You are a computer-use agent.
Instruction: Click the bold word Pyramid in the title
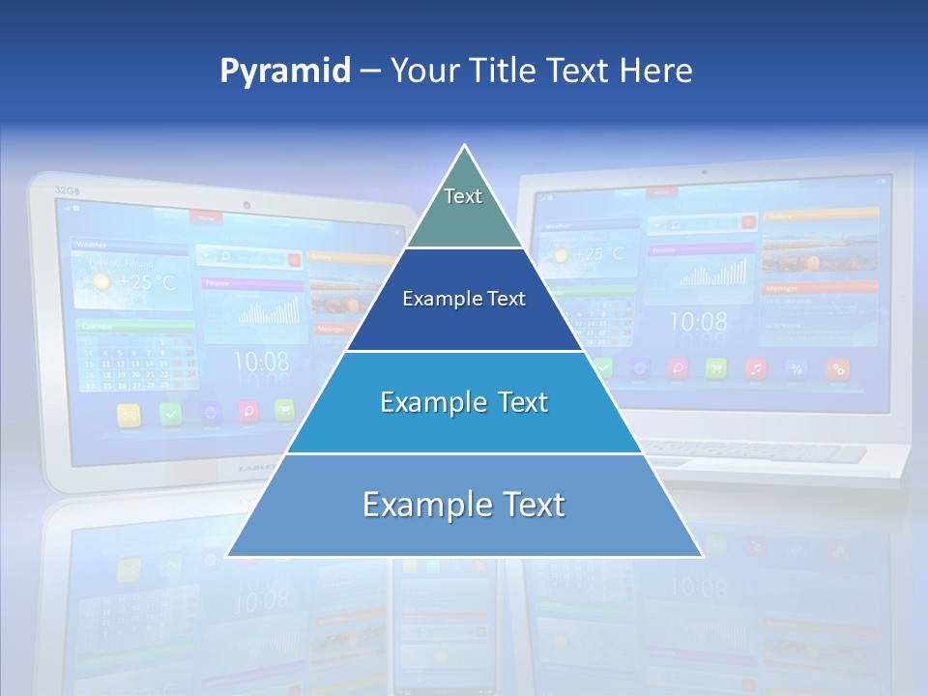(x=284, y=72)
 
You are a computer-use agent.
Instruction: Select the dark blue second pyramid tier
(x=464, y=300)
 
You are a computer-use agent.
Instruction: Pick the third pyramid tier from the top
(x=464, y=402)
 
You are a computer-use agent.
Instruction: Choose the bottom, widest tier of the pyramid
(x=464, y=506)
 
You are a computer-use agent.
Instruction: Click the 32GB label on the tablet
(x=67, y=190)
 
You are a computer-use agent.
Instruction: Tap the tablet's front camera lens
(x=247, y=205)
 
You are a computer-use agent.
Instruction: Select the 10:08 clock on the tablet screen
(x=261, y=362)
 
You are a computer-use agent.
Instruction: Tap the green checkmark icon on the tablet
(x=170, y=414)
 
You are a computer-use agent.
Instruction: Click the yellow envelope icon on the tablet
(x=129, y=415)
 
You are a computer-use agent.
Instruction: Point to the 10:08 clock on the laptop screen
(x=698, y=322)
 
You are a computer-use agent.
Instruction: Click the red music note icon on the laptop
(x=756, y=368)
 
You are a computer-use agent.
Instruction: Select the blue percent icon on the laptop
(x=797, y=368)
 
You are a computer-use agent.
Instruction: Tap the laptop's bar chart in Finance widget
(x=713, y=274)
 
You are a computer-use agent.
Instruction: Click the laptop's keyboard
(x=754, y=449)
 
